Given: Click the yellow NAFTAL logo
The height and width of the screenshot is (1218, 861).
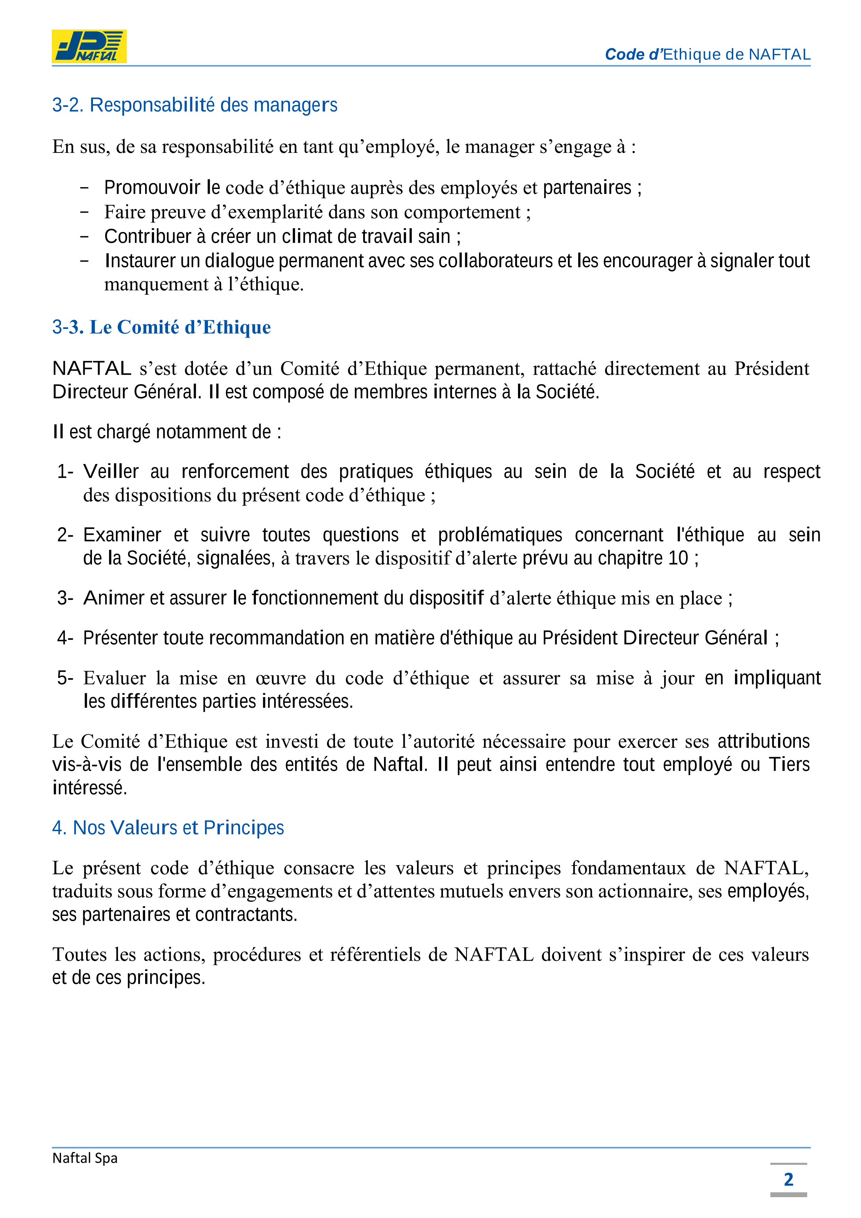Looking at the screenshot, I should pyautogui.click(x=89, y=46).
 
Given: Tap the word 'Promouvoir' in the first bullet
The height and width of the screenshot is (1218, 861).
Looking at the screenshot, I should pyautogui.click(x=152, y=188).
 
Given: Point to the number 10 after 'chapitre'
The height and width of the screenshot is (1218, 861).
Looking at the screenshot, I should pyautogui.click(x=678, y=558).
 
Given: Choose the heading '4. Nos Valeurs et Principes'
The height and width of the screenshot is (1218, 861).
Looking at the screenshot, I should pyautogui.click(x=168, y=828).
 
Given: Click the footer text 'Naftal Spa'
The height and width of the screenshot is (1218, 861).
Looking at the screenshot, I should pyautogui.click(x=85, y=1158).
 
